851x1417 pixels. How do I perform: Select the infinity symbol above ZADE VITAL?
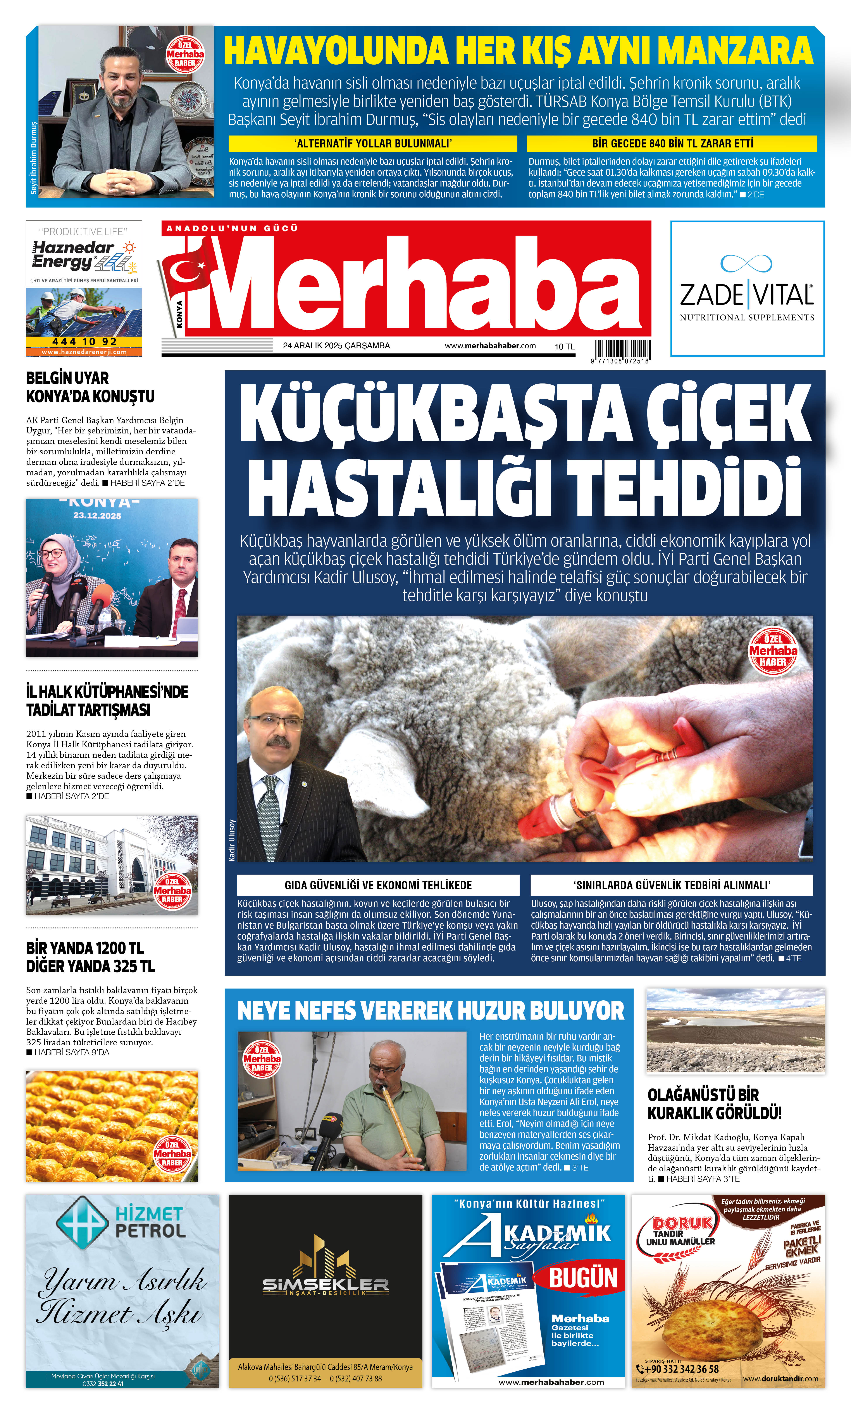(746, 264)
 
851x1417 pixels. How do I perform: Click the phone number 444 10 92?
(84, 342)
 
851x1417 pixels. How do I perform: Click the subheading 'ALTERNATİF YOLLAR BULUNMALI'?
(373, 143)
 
